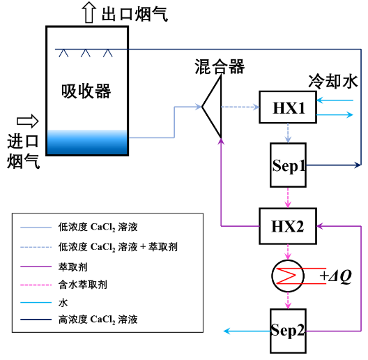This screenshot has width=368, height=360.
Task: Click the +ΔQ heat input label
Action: [x=336, y=276]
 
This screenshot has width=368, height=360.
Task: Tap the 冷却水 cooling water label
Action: [x=332, y=82]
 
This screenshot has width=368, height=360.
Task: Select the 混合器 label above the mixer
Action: [x=220, y=67]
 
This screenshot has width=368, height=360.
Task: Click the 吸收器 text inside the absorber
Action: [x=86, y=91]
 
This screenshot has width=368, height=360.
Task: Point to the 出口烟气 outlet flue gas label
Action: [x=135, y=14]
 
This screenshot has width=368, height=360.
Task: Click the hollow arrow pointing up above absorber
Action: [x=89, y=13]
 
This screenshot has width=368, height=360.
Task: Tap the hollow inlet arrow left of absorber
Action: [x=28, y=121]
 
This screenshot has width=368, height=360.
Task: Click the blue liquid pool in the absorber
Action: [x=87, y=142]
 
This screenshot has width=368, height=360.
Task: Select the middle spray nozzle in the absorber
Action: [x=86, y=53]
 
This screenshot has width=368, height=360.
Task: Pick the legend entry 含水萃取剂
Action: [x=83, y=285]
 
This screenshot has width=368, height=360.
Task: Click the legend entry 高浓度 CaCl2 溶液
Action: [x=98, y=320]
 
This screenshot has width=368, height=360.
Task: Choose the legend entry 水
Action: [x=63, y=302]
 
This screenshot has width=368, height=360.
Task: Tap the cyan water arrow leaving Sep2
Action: [x=247, y=331]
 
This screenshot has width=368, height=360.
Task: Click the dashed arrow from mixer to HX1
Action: [x=240, y=107]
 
